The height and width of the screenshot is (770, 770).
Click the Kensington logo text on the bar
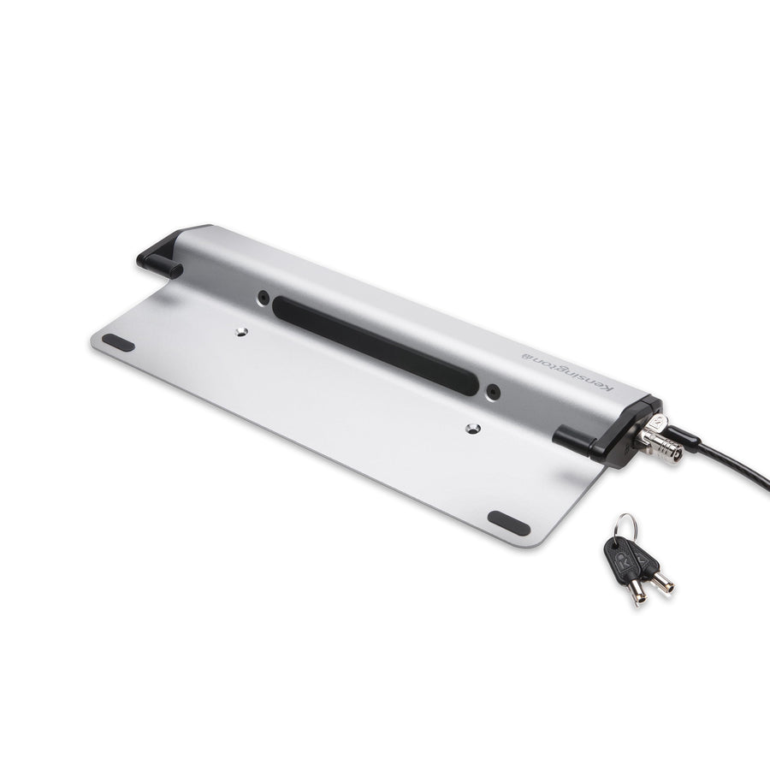click(x=567, y=370)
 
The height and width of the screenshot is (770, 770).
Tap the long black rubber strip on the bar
click(x=376, y=346)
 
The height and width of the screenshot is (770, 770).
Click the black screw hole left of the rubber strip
click(x=264, y=297)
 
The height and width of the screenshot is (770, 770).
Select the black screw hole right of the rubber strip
click(x=493, y=391)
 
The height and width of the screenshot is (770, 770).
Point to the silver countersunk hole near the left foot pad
click(x=240, y=332)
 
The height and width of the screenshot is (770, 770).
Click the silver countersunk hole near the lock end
click(x=472, y=429)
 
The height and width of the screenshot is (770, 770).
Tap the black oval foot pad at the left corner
click(x=118, y=342)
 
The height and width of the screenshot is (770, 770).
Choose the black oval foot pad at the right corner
click(x=509, y=523)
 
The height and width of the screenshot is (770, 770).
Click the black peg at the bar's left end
click(x=160, y=264)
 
